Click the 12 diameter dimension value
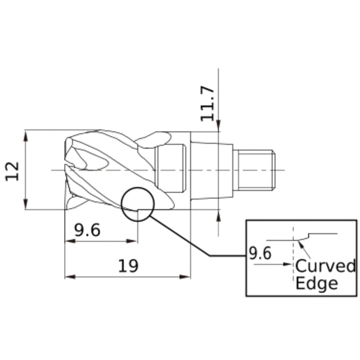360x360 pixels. [12, 171]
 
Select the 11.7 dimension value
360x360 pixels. [207, 104]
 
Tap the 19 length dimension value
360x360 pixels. [128, 266]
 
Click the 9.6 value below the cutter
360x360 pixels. [87, 230]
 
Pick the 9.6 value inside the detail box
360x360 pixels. [260, 253]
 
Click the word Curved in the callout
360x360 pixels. [325, 266]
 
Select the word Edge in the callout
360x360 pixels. [317, 284]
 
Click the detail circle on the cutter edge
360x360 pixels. [122, 204]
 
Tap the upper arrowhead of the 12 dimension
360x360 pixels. [26, 135]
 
